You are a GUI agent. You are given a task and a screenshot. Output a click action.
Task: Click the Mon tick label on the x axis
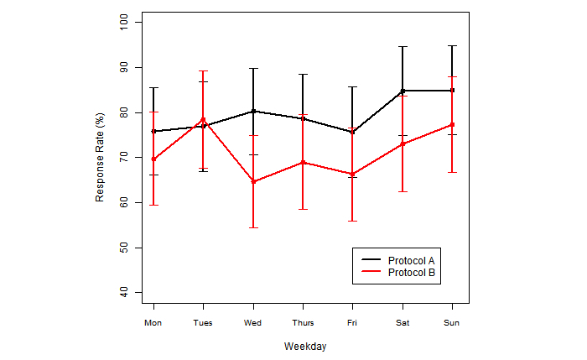[x=153, y=322]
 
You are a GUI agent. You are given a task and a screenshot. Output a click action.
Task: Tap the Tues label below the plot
[x=202, y=322]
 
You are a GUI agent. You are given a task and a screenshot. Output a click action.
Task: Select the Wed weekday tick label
[x=252, y=322]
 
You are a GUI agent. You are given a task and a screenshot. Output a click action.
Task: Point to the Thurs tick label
[x=303, y=322]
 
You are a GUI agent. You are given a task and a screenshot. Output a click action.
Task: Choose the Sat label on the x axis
[x=403, y=322]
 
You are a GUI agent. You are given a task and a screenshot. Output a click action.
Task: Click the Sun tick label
[x=452, y=322]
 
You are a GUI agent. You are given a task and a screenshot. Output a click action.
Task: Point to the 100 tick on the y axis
[x=125, y=22]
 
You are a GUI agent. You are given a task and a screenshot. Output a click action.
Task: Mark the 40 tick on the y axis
[x=125, y=292]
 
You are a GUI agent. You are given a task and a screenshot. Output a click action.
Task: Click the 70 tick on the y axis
[x=125, y=157]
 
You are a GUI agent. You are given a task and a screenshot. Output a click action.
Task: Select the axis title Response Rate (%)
[x=100, y=157]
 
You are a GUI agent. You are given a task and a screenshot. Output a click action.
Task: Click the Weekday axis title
[x=304, y=346]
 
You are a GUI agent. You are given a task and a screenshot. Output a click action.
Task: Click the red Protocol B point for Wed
[x=252, y=181]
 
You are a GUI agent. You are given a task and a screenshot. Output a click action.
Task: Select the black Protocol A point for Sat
[x=403, y=91]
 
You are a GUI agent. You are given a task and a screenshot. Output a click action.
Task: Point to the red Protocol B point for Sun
[x=452, y=125]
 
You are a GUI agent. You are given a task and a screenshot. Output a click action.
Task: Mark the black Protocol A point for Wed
[x=252, y=111]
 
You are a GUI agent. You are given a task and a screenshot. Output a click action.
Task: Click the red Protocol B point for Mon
[x=153, y=159]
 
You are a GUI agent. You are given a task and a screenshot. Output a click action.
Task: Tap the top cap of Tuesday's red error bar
[x=203, y=71]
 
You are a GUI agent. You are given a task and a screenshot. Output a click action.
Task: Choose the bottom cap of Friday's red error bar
[x=352, y=221]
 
